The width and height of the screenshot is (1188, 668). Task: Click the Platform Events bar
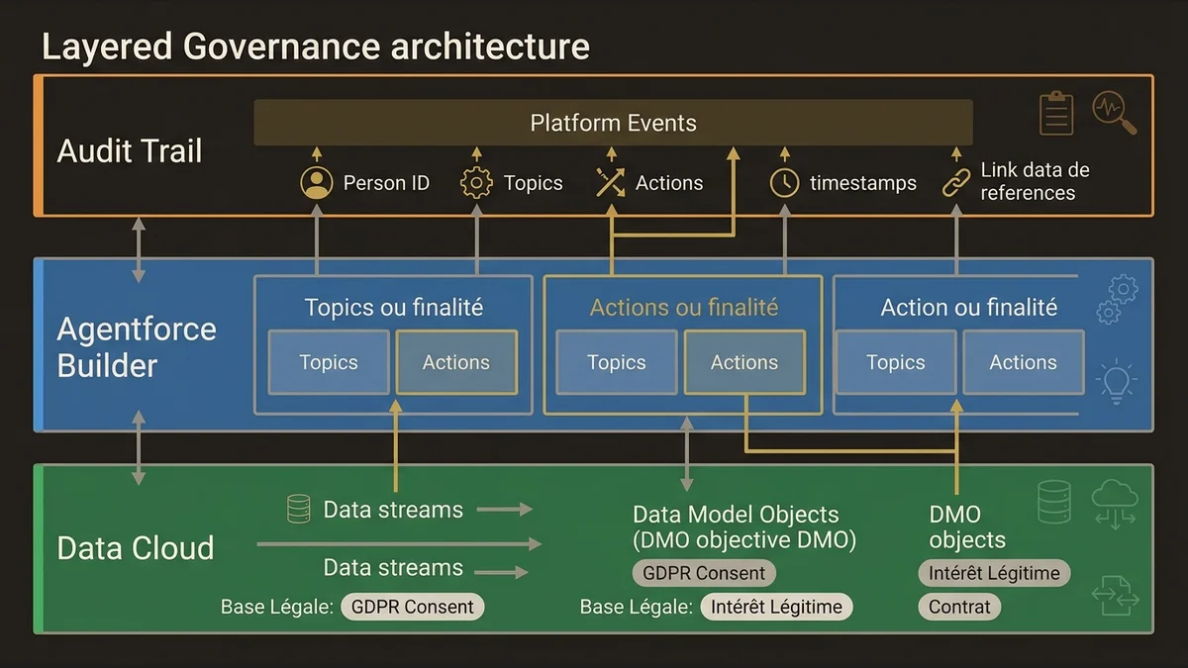pyautogui.click(x=613, y=123)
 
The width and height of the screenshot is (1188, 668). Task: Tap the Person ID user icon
pyautogui.click(x=316, y=183)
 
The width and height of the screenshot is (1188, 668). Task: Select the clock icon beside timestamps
pyautogui.click(x=784, y=183)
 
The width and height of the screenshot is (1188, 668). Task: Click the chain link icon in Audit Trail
pyautogui.click(x=955, y=183)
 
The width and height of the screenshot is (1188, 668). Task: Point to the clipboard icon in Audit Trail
pyautogui.click(x=1056, y=113)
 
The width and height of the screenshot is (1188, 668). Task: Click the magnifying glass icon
pyautogui.click(x=1114, y=112)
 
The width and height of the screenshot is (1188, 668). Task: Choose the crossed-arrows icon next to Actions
pyautogui.click(x=610, y=183)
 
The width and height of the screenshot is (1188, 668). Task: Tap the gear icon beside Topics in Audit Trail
pyautogui.click(x=476, y=183)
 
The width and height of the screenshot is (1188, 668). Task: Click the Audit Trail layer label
pyautogui.click(x=130, y=151)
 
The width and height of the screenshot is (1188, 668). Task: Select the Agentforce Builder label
pyautogui.click(x=137, y=346)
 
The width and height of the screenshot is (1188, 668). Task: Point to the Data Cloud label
pyautogui.click(x=136, y=548)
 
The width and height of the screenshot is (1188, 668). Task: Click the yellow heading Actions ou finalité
pyautogui.click(x=683, y=308)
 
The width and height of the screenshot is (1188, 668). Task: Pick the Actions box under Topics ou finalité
pyautogui.click(x=456, y=362)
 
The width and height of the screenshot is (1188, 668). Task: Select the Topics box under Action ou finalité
pyautogui.click(x=895, y=362)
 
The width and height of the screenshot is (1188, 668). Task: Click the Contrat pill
pyautogui.click(x=959, y=607)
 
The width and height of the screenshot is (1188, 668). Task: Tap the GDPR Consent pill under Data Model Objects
pyautogui.click(x=704, y=573)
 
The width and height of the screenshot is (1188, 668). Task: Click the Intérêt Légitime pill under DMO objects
pyautogui.click(x=993, y=573)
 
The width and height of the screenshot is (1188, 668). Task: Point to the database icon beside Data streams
pyautogui.click(x=298, y=510)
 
